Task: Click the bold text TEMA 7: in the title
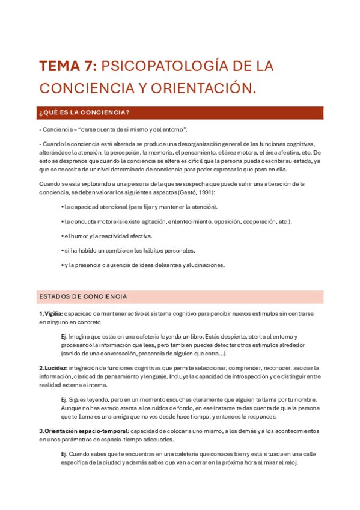[x=67, y=66]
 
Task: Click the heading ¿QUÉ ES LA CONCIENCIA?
[x=84, y=112]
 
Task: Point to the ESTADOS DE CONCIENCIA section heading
[x=83, y=296]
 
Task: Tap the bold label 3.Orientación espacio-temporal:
[x=84, y=431]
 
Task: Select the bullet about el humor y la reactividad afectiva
[x=107, y=236]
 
